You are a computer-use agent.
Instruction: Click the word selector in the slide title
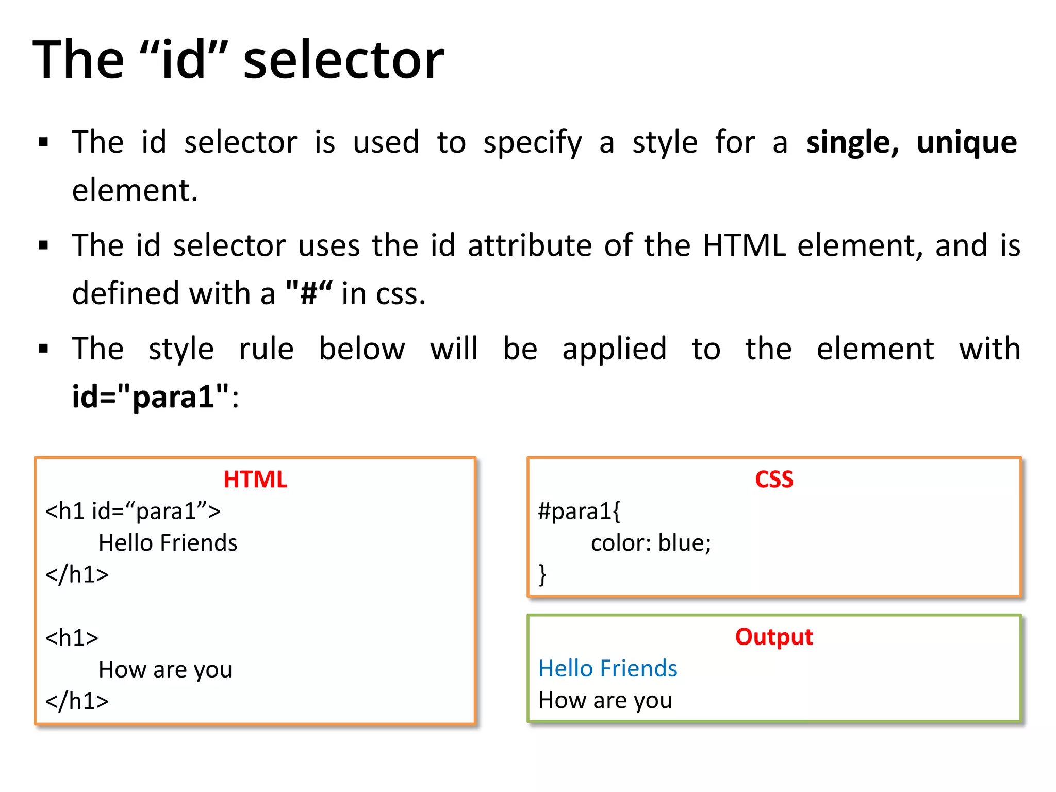click(x=343, y=61)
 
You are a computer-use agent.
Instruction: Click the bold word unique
click(x=966, y=142)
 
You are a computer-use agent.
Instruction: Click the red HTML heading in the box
click(x=255, y=480)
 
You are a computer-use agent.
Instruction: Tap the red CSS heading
click(x=774, y=480)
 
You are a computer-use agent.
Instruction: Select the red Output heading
click(x=774, y=637)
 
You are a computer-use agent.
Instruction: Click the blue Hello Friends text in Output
click(x=607, y=668)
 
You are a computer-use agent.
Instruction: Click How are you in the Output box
click(x=605, y=700)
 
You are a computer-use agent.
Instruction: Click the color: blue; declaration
click(x=651, y=543)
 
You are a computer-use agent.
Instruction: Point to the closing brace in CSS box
click(x=542, y=574)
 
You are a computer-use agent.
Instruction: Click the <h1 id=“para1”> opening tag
click(x=133, y=511)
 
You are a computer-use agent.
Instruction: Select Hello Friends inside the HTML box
click(x=168, y=543)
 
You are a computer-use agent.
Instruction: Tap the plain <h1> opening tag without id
click(x=72, y=638)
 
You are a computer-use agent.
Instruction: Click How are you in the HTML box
click(x=165, y=669)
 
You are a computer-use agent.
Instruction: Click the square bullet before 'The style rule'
click(x=43, y=349)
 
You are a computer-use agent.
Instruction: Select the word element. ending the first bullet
click(x=135, y=190)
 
